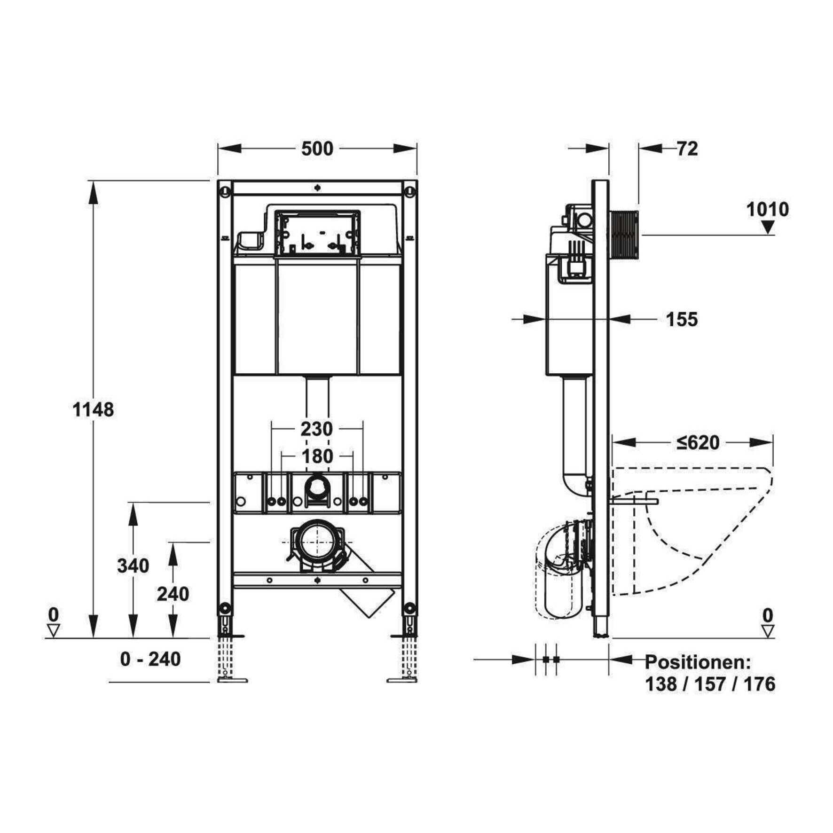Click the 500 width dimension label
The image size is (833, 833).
pyautogui.click(x=317, y=149)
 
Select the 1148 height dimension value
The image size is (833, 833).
pyautogui.click(x=93, y=410)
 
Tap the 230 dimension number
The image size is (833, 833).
pyautogui.click(x=317, y=429)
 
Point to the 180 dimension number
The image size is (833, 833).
pyautogui.click(x=317, y=456)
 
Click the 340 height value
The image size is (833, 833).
pyautogui.click(x=134, y=566)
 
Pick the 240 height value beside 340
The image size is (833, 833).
pyautogui.click(x=173, y=594)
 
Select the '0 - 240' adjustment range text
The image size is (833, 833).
pyautogui.click(x=150, y=659)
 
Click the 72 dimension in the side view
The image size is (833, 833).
pyautogui.click(x=687, y=149)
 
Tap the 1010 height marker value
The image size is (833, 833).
pyautogui.click(x=768, y=209)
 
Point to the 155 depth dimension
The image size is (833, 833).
pyautogui.click(x=682, y=320)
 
